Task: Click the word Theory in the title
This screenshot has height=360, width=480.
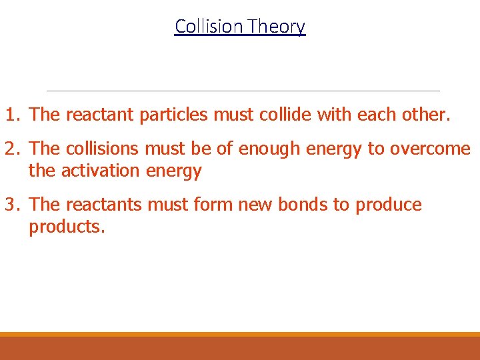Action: point(276,26)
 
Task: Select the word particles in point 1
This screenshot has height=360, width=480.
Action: point(175,115)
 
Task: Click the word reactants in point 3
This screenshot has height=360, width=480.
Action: point(103,205)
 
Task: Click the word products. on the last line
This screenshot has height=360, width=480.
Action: point(67,227)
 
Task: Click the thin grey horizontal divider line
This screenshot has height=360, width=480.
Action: point(243,91)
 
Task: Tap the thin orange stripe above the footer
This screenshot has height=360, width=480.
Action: point(240,335)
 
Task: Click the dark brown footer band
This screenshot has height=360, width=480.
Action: point(240,349)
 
